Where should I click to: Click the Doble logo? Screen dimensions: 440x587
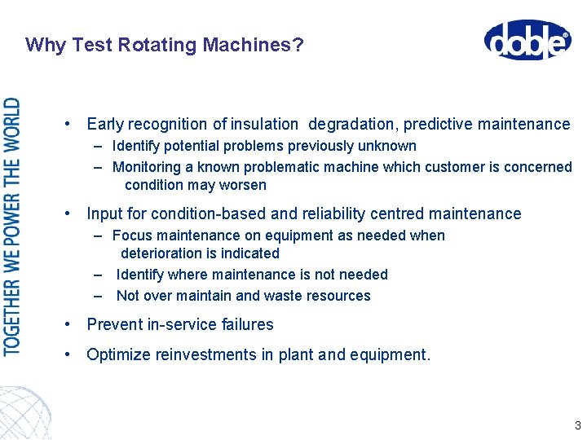(527, 40)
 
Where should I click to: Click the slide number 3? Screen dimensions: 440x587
(577, 425)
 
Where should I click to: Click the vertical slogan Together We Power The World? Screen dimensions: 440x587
(13, 226)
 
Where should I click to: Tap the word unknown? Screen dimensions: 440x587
(389, 147)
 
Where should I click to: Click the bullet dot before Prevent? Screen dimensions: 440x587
(71, 324)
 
